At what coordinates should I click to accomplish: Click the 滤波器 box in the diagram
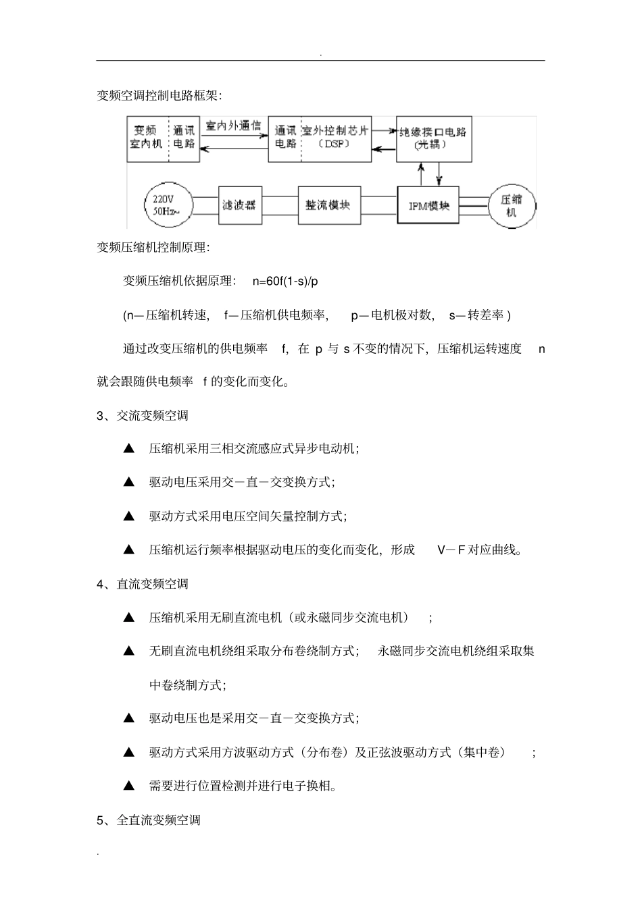tap(240, 205)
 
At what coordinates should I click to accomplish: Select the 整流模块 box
tap(328, 205)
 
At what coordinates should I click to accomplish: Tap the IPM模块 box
tap(428, 205)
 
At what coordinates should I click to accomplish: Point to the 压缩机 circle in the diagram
tap(511, 205)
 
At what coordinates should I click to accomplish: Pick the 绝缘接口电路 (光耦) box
tap(433, 138)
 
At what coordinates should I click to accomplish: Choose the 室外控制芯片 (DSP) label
tap(336, 138)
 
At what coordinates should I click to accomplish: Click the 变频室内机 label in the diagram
tap(147, 137)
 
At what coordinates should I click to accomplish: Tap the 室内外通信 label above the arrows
tap(232, 126)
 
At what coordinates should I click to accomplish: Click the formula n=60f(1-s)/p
tap(285, 281)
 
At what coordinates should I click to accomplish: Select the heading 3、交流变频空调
tap(143, 415)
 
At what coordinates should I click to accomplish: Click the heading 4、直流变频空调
tap(143, 584)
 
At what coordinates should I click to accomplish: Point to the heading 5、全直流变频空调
tap(149, 820)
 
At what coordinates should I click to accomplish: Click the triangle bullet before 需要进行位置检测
tap(129, 786)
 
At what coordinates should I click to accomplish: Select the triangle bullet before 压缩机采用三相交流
tap(129, 448)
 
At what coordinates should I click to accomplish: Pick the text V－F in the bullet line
tap(451, 550)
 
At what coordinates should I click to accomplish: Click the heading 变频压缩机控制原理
tap(153, 248)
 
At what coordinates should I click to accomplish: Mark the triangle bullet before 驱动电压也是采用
tap(129, 718)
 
